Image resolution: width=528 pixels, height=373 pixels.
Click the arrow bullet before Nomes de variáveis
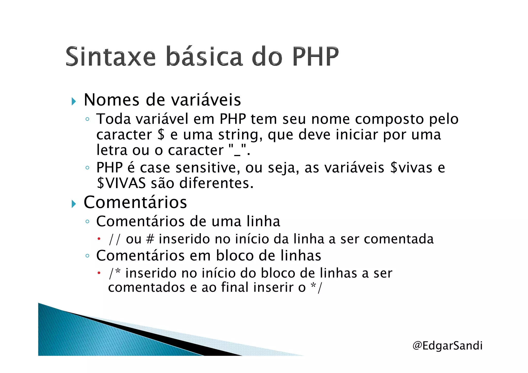click(x=74, y=101)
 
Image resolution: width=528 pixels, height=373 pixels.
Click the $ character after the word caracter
click(x=161, y=135)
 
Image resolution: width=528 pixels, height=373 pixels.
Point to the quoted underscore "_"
click(x=237, y=150)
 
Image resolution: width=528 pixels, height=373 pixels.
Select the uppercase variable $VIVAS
click(x=121, y=183)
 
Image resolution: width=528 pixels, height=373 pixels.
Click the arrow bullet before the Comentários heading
click(x=74, y=204)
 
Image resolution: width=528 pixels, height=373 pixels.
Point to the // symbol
click(x=114, y=239)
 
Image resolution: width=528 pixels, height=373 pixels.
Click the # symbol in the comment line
click(x=150, y=239)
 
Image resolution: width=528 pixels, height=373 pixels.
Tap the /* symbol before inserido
click(x=114, y=273)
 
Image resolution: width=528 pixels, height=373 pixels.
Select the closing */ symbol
click(x=317, y=287)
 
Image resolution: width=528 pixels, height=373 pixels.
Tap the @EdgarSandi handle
click(x=447, y=346)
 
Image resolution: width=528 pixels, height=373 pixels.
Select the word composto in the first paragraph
click(x=389, y=119)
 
